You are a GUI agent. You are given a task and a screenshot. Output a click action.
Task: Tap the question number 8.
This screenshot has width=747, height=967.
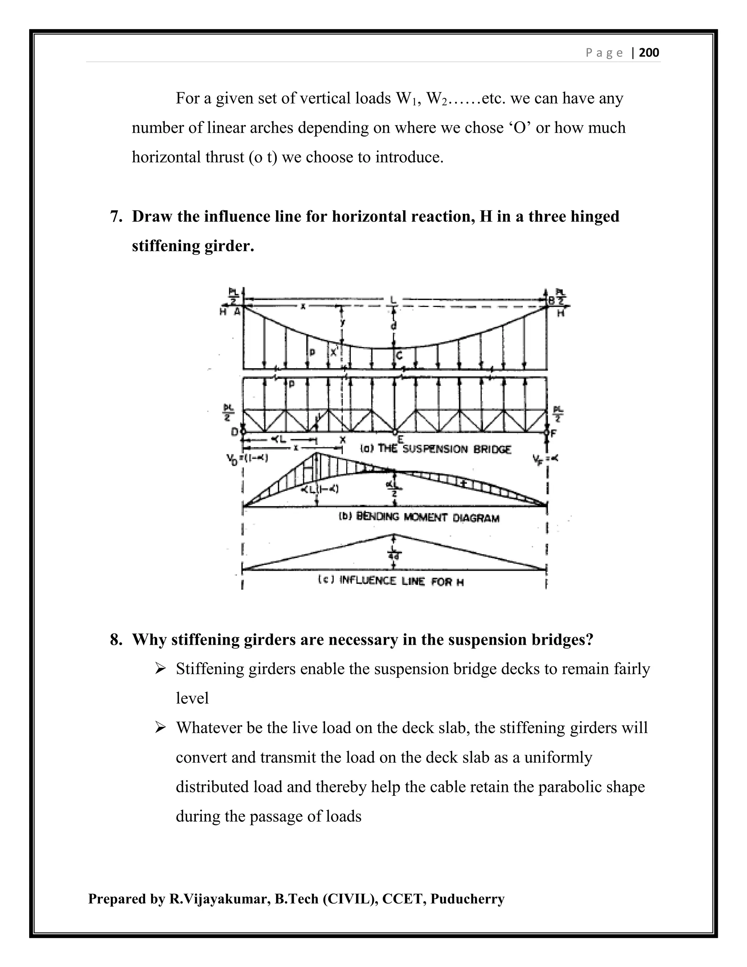[x=116, y=639]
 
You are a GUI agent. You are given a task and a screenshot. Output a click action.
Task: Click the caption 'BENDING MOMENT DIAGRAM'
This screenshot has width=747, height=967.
[x=419, y=517]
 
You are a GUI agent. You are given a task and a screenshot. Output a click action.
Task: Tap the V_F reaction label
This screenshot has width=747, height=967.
[x=545, y=459]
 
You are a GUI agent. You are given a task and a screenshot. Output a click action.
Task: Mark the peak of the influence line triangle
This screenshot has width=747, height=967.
[x=394, y=535]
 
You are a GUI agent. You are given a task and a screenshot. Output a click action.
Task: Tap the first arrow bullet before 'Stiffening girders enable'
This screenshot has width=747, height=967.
[x=160, y=669]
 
